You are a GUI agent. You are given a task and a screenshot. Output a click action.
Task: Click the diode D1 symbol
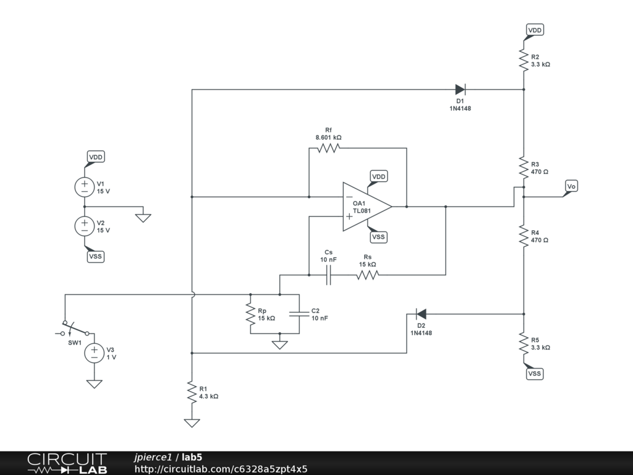pos(460,89)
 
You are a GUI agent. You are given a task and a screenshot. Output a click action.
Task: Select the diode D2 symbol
pos(421,314)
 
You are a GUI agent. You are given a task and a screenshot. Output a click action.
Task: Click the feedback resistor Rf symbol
pos(328,148)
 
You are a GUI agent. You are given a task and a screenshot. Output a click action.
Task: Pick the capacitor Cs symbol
pos(329,275)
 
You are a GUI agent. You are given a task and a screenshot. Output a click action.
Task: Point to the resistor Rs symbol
pos(367,275)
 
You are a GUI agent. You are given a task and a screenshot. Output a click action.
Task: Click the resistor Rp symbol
pos(250,314)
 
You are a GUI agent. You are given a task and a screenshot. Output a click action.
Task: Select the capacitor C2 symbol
pos(299,314)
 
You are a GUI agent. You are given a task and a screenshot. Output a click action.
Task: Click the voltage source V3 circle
pos(94,353)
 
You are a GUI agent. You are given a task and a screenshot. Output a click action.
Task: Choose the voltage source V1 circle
pos(84,187)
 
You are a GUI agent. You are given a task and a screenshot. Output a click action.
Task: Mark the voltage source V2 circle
pos(84,226)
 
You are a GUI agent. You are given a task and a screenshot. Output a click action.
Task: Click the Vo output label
pos(571,186)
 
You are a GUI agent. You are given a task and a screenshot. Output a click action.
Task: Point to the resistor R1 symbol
pos(192,392)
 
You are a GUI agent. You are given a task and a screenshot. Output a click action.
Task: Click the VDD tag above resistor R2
pos(535,30)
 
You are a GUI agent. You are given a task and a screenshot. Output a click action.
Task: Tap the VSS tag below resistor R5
pos(535,374)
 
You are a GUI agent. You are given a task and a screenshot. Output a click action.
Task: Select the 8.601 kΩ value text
pos(328,138)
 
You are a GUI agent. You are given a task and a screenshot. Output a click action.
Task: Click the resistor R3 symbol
pos(524,168)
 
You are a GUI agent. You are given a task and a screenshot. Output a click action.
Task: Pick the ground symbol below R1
pos(192,423)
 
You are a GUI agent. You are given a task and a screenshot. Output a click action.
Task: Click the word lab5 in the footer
pos(192,457)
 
